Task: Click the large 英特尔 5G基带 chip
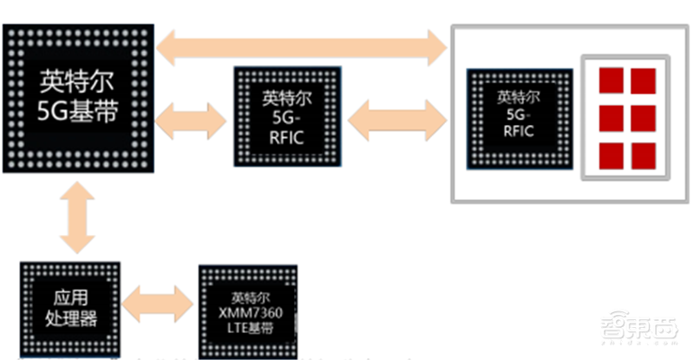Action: [x=77, y=98]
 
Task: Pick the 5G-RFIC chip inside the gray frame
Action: [x=516, y=117]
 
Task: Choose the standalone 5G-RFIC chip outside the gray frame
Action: [x=284, y=117]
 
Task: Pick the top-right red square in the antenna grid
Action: [x=643, y=80]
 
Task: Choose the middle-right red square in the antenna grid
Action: [x=643, y=116]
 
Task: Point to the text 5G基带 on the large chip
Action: [x=77, y=111]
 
